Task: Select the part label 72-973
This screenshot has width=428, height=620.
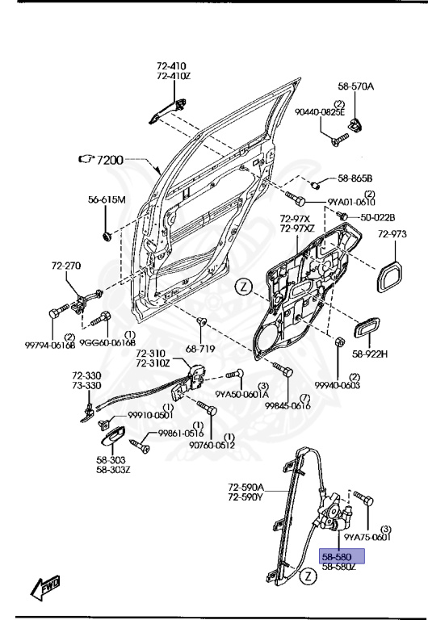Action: tap(393, 234)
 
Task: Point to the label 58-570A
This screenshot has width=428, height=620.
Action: tap(355, 86)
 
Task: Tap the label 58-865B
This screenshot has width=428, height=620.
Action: tap(360, 178)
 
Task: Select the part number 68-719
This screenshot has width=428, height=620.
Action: tap(203, 349)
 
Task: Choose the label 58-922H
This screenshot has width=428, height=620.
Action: tap(369, 354)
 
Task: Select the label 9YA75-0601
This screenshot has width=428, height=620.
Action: tap(367, 536)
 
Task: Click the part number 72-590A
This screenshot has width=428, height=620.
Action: tap(246, 487)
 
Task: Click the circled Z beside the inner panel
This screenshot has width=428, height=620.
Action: tap(245, 286)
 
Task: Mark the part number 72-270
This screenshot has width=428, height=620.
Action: tap(67, 265)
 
